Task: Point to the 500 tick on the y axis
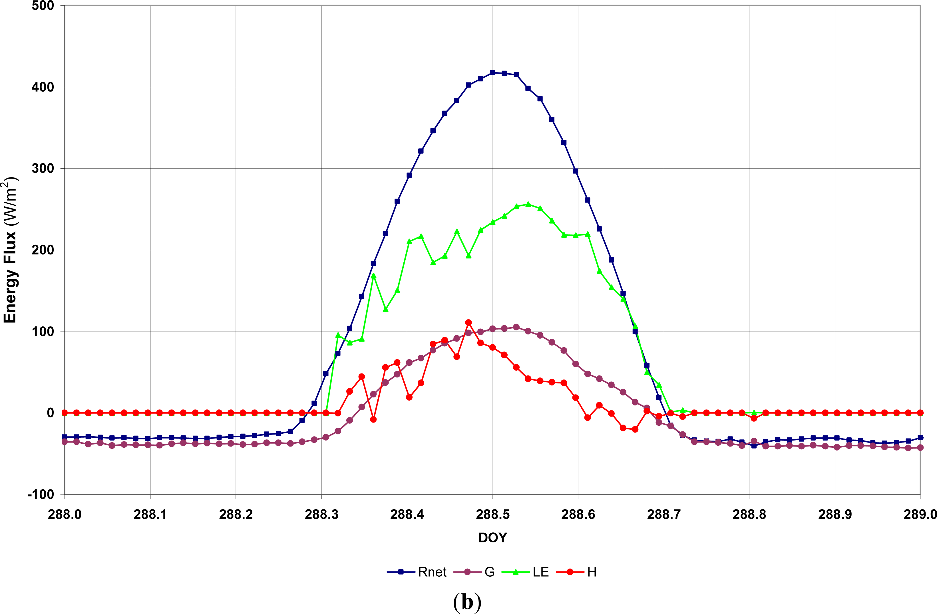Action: tap(43, 6)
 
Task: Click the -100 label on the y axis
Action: tap(41, 494)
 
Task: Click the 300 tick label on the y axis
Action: tap(43, 168)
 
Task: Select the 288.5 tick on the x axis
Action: tap(492, 514)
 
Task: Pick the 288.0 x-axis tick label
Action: tap(65, 514)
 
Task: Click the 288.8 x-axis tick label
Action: tap(749, 514)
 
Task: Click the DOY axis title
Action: tap(492, 537)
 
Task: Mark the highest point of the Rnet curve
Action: tap(492, 73)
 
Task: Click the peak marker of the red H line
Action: tap(468, 322)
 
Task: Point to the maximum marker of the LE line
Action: tap(528, 204)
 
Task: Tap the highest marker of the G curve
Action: tap(516, 327)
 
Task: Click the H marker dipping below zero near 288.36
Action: tap(373, 420)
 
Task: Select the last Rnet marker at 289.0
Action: tap(920, 438)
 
